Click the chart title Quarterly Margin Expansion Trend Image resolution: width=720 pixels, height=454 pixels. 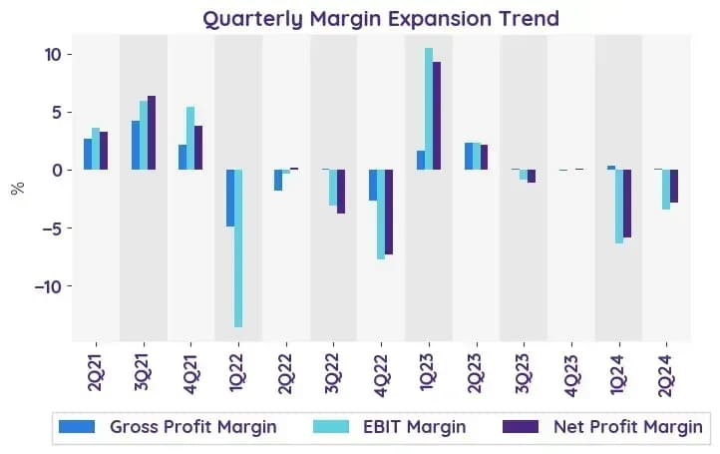tap(381, 19)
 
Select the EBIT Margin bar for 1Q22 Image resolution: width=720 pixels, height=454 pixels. tap(238, 248)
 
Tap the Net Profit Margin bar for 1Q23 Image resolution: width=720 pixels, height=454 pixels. tap(437, 116)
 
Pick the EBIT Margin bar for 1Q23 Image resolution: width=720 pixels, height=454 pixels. tap(429, 109)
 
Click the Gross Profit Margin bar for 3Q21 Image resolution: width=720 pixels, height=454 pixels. tap(136, 146)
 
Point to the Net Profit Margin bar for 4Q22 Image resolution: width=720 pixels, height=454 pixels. tap(389, 212)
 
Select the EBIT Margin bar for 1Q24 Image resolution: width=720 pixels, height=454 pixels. tap(619, 207)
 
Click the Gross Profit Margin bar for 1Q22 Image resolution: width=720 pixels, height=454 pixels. tap(230, 198)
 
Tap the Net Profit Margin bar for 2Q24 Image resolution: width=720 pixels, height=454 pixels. tap(674, 186)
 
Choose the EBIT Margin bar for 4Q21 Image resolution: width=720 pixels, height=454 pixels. tap(190, 139)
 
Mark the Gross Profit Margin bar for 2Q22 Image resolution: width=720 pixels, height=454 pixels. tap(278, 180)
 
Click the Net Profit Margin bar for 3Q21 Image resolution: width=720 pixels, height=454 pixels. tap(152, 133)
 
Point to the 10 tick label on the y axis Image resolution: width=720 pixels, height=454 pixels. tap(53, 55)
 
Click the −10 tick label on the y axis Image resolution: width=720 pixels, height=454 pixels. tap(48, 286)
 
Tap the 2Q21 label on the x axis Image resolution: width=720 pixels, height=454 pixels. tap(96, 372)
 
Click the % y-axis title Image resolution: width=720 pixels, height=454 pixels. tap(18, 188)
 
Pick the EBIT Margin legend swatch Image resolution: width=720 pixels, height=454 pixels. tap(331, 426)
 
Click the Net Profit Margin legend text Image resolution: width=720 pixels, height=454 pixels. tap(628, 427)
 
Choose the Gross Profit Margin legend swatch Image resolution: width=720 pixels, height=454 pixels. tap(77, 426)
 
